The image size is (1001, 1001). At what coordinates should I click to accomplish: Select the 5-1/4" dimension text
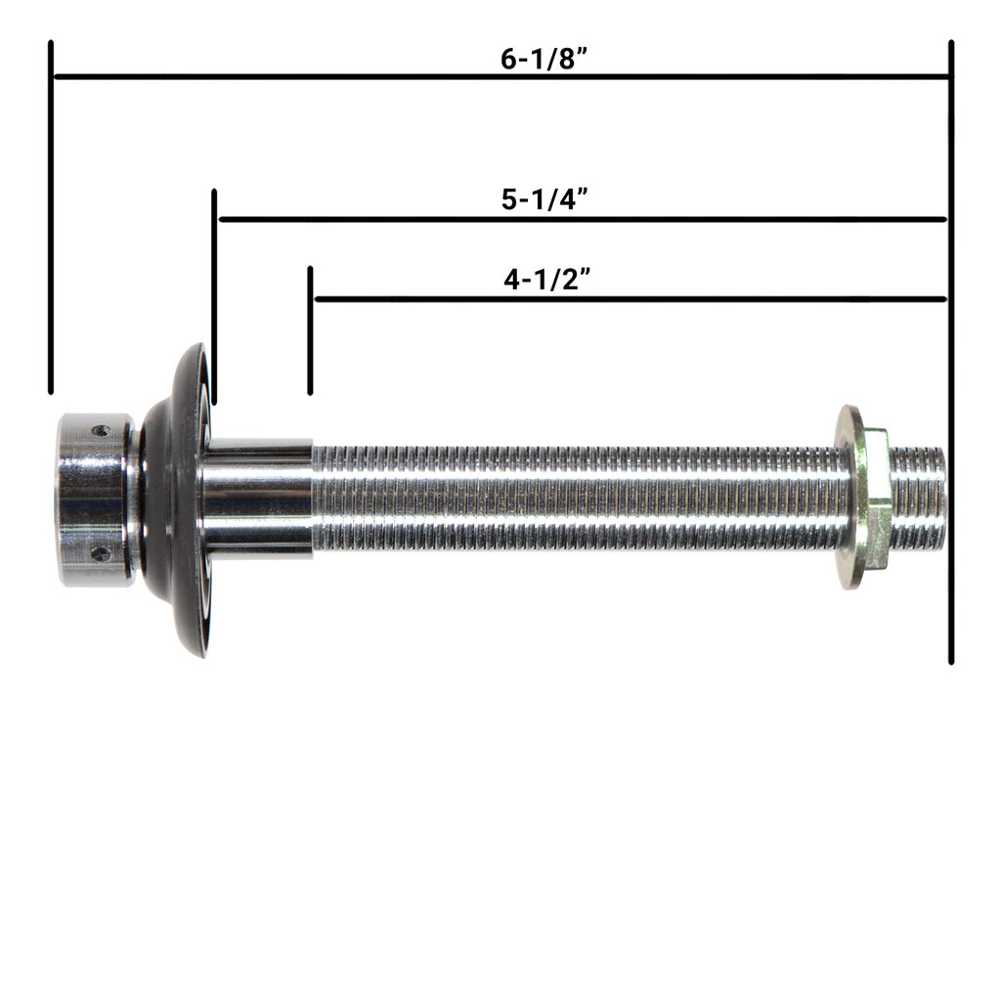coord(544,199)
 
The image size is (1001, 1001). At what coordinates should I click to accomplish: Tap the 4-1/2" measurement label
coord(544,280)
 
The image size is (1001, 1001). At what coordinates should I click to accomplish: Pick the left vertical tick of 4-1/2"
coord(310,329)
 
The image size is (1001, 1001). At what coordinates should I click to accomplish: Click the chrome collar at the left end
coord(93,500)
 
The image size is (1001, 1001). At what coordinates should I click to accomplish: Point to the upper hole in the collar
coord(101,430)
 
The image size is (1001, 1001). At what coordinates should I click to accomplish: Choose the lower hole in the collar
coord(100,553)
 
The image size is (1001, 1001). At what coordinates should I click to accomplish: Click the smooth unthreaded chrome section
coord(257,498)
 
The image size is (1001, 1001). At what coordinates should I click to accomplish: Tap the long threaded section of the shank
coord(577,499)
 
